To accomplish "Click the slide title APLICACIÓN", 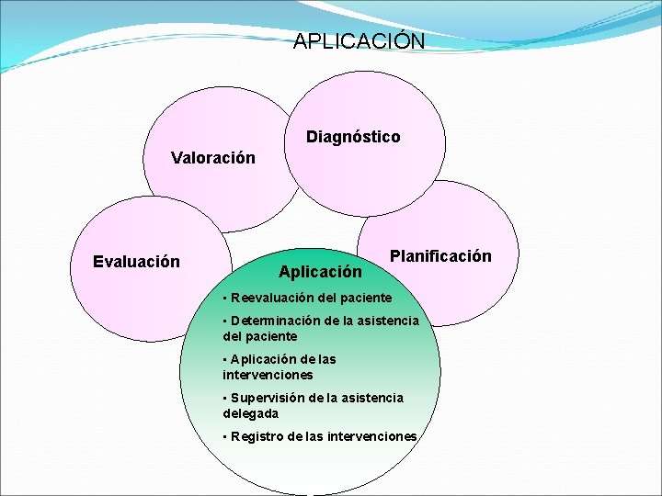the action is pyautogui.click(x=360, y=41).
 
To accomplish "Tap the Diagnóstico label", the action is pyautogui.click(x=353, y=137).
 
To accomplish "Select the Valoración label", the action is pyautogui.click(x=213, y=158).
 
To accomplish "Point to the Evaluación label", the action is pyautogui.click(x=137, y=262).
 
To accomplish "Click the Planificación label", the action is pyautogui.click(x=440, y=256).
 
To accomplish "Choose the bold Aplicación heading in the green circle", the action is pyautogui.click(x=320, y=272).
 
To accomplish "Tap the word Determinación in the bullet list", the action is pyautogui.click(x=274, y=321).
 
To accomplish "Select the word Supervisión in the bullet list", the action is pyautogui.click(x=269, y=398).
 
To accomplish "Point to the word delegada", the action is pyautogui.click(x=251, y=413).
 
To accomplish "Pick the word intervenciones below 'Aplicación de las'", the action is pyautogui.click(x=268, y=375).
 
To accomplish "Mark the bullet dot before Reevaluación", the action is pyautogui.click(x=225, y=298).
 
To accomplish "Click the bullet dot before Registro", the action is pyautogui.click(x=225, y=436).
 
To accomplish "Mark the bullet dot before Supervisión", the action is pyautogui.click(x=225, y=398).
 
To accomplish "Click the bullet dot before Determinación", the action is pyautogui.click(x=225, y=321).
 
